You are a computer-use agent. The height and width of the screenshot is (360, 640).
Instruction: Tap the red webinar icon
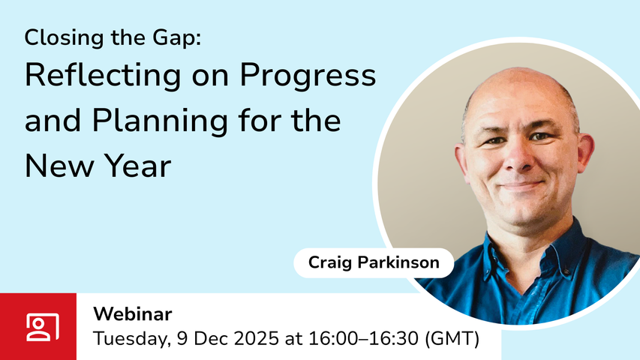coord(38,326)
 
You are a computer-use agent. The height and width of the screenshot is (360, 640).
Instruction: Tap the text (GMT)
coord(452,339)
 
